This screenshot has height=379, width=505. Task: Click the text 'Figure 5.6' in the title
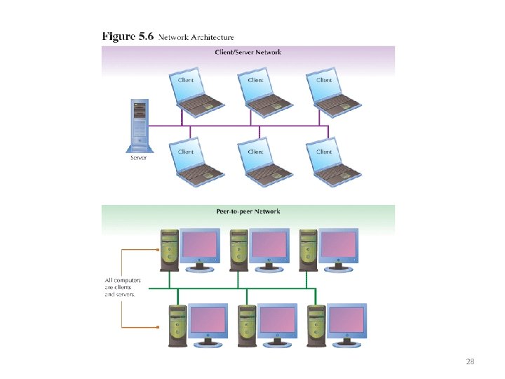(x=128, y=36)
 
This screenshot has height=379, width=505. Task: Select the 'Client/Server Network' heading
(x=248, y=52)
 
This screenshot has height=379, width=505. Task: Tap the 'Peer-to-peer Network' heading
(x=248, y=211)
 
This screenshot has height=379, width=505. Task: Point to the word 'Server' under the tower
(x=139, y=158)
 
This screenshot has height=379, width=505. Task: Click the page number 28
(x=470, y=361)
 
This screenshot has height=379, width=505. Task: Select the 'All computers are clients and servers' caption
(x=123, y=287)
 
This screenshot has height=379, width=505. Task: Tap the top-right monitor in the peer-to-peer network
(x=339, y=248)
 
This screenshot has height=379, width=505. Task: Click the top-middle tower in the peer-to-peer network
(x=238, y=249)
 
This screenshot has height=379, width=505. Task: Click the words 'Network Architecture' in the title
(x=196, y=37)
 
